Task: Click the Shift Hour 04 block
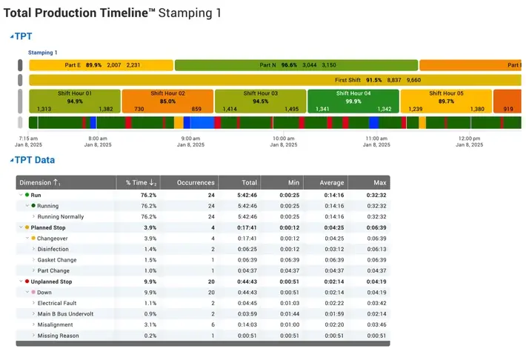click(353, 101)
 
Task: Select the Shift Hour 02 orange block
click(167, 101)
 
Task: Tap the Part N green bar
click(296, 65)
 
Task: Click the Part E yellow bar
click(101, 65)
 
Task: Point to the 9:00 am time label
click(190, 139)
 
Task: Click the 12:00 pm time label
click(469, 139)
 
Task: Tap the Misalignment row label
click(55, 324)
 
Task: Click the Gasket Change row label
click(57, 260)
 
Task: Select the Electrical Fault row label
click(57, 303)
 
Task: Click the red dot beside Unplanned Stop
click(27, 281)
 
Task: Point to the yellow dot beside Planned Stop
click(27, 227)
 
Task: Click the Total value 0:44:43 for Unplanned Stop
click(247, 281)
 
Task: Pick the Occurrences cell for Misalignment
click(213, 324)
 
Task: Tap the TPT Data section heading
click(35, 160)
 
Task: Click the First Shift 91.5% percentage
click(373, 80)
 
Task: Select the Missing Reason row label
click(58, 336)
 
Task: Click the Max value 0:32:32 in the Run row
click(376, 196)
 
